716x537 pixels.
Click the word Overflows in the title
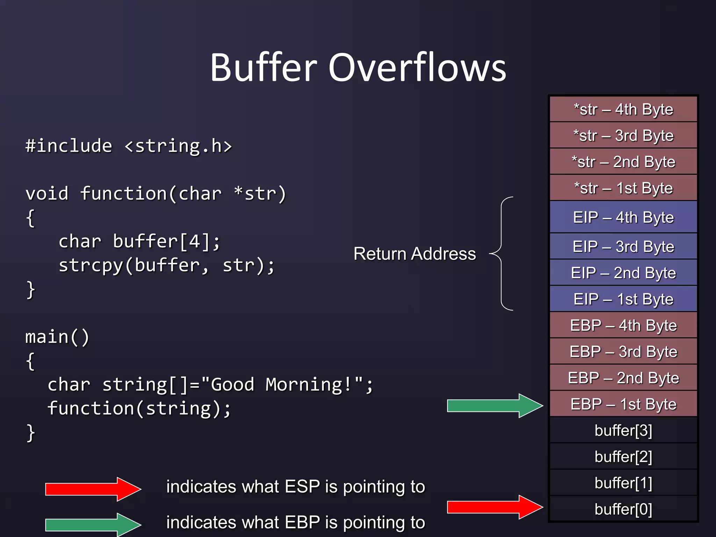coord(417,67)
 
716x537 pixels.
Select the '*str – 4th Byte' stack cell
coord(623,109)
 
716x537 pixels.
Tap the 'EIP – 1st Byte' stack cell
coord(623,299)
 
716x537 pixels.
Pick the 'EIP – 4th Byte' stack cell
coord(623,217)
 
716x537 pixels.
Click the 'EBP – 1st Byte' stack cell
coord(623,404)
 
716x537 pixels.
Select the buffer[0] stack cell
coord(623,509)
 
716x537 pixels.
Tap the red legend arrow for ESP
coord(93,489)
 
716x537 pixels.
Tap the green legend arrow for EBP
coord(93,524)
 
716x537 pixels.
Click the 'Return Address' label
coord(414,254)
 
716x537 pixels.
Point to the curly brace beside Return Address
coord(502,254)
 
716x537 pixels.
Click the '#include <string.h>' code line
coord(129,146)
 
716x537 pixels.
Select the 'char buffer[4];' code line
coord(139,242)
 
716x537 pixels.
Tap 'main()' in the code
coord(57,337)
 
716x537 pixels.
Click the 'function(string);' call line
coord(139,408)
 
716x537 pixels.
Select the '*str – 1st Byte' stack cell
coord(623,188)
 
